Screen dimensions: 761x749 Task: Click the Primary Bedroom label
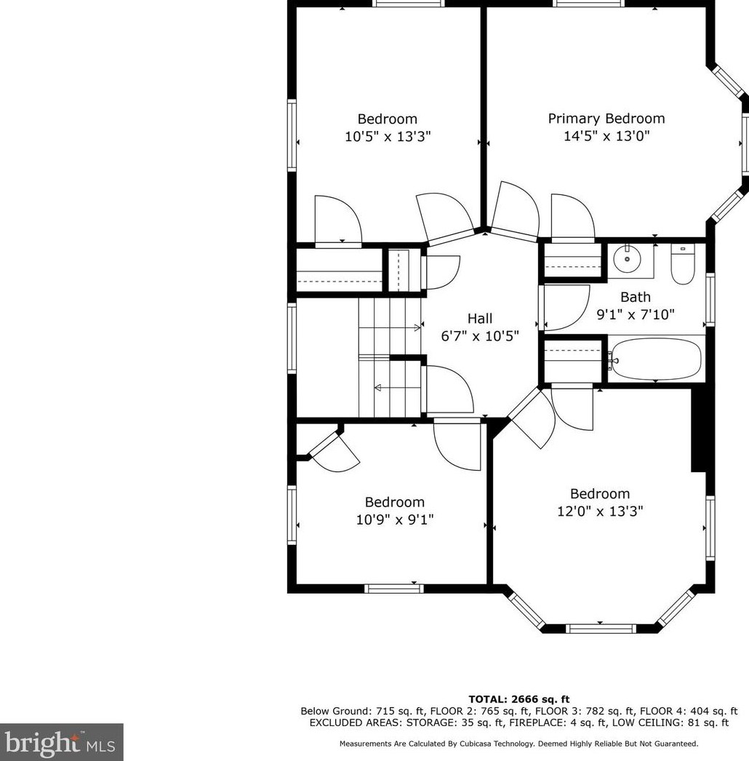click(606, 119)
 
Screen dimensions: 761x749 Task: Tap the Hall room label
click(479, 318)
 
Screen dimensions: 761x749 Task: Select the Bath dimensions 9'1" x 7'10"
click(635, 314)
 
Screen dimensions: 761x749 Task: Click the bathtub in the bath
click(656, 359)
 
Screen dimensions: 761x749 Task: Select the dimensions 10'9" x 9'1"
click(395, 519)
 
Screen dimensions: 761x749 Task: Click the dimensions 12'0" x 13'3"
click(599, 511)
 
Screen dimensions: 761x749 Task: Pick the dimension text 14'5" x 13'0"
click(606, 136)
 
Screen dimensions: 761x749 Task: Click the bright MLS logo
click(61, 742)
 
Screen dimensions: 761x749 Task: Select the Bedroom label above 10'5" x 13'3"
click(387, 119)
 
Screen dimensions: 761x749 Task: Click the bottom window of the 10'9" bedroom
click(393, 589)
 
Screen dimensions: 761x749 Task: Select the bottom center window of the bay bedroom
click(601, 628)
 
